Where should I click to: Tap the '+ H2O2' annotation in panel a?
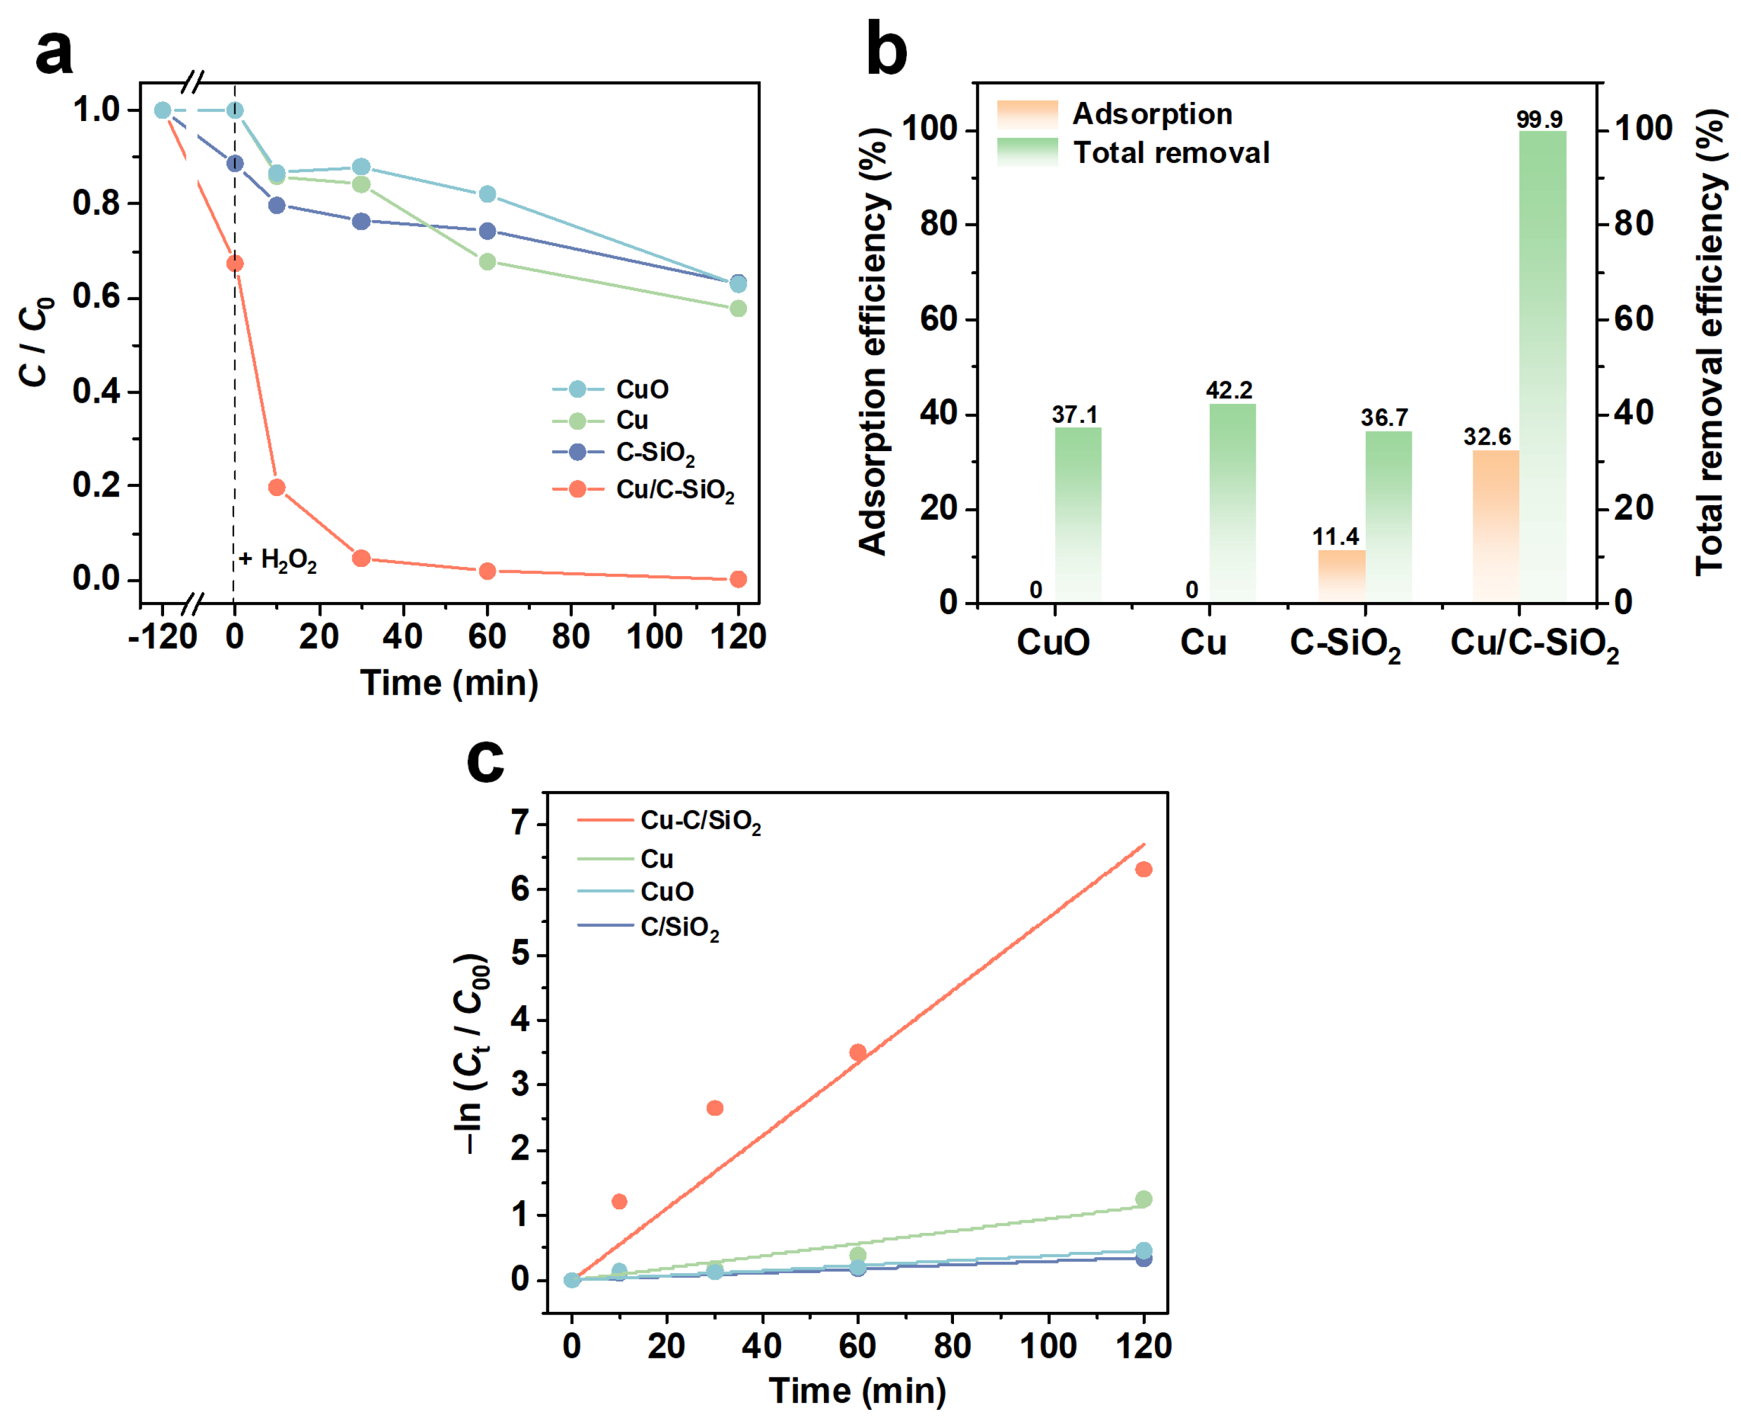(278, 560)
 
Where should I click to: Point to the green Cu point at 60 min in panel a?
(488, 262)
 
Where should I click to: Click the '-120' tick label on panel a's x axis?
(163, 637)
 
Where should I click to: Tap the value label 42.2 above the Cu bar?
(1229, 390)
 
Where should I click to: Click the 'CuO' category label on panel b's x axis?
(1053, 642)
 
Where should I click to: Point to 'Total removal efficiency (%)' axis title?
(1710, 345)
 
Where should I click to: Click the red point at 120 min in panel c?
(1144, 869)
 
